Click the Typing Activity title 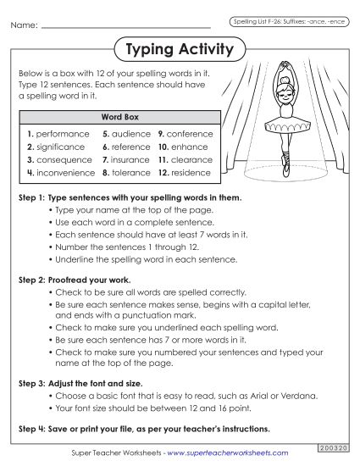point(179,50)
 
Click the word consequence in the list point(62,159)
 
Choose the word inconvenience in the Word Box point(64,172)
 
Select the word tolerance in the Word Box point(131,172)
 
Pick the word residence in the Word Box point(190,172)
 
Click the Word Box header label point(119,117)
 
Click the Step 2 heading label point(68,278)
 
